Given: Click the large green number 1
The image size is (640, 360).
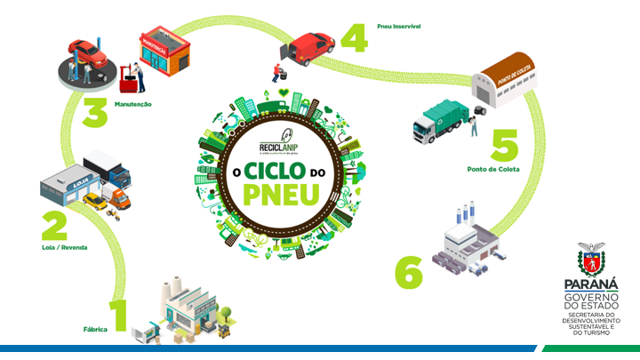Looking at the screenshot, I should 119,315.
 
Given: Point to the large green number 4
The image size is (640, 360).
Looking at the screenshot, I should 353,39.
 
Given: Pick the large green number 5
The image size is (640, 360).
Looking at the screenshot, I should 504,146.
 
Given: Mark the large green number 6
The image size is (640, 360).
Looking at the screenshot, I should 408,273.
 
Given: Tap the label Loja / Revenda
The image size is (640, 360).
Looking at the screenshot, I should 64,247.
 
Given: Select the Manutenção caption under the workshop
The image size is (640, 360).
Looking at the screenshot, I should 132,104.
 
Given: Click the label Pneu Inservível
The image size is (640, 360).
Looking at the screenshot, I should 399,27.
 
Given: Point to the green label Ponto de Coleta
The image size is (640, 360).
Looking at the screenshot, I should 493,169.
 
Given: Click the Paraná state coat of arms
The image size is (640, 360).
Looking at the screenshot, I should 589,259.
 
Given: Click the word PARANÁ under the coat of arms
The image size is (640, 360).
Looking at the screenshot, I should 589,284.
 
